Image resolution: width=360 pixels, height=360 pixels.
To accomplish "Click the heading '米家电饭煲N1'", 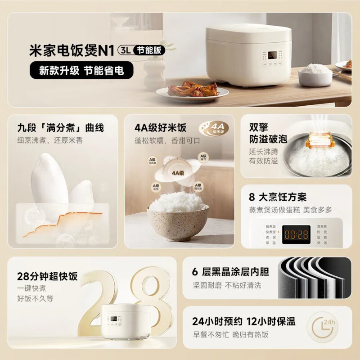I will pos(72,50).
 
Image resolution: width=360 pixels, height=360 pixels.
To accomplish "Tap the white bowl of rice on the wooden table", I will pos(315,74).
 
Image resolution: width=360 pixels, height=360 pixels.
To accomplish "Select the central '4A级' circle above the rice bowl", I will pos(177,171).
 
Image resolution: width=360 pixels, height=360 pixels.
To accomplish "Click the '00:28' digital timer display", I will pos(296,234).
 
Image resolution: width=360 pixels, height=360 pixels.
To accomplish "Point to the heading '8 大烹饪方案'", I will pos(278,198).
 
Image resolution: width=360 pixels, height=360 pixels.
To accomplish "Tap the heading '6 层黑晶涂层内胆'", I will pos(230,271).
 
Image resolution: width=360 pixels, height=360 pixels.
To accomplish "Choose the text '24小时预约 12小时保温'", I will pos(243,321).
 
